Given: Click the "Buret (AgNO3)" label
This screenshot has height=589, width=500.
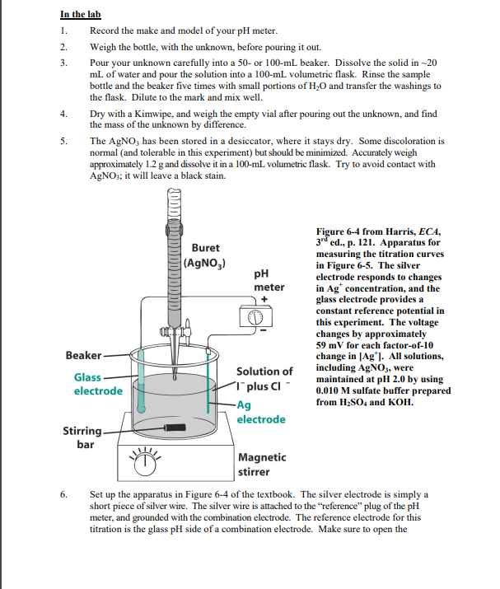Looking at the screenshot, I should coord(205,255).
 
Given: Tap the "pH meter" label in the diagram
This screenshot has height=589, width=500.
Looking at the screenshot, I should coord(269,280).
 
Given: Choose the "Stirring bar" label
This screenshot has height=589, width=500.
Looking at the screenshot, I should coord(83,438).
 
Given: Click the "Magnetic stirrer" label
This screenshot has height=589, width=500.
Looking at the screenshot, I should coord(262,465).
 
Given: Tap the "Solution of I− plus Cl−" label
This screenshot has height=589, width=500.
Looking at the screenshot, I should coord(264,380).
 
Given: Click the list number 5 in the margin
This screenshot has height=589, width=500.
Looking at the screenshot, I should coord(63,142).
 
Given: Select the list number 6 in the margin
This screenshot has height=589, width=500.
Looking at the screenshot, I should coord(63,494).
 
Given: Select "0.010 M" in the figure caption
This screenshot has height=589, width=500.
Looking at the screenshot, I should coord(337,391).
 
